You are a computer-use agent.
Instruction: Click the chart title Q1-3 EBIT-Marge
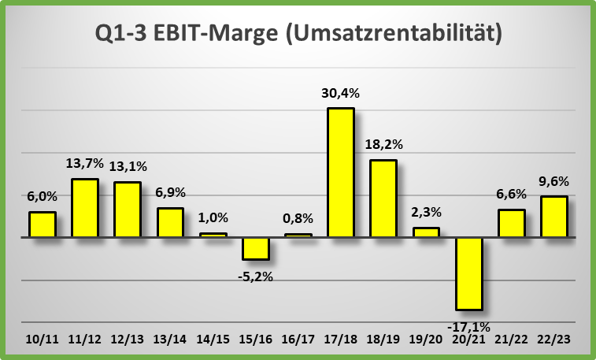pos(298,35)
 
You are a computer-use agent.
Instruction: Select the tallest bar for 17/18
pos(341,172)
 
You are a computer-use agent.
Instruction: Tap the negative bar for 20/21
pos(468,273)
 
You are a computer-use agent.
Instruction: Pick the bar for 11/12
pos(85,207)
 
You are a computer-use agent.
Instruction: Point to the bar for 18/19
pos(383,198)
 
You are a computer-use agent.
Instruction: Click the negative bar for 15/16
pos(256,247)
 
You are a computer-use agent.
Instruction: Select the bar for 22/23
pos(553,216)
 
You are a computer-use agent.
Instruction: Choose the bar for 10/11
pos(43,224)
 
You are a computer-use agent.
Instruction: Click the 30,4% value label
pos(340,94)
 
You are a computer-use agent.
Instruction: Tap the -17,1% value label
pos(468,325)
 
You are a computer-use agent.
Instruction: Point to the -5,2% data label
pos(256,276)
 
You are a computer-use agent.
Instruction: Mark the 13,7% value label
pos(85,163)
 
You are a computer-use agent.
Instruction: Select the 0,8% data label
pos(298,218)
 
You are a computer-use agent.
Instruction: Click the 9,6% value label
pos(553,180)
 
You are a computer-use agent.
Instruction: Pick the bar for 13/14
pos(170,222)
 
